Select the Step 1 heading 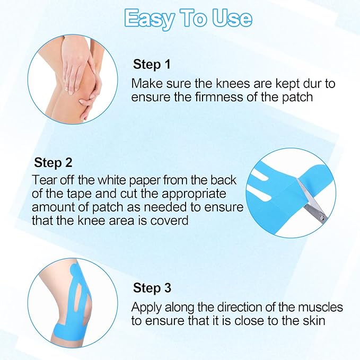point(152,65)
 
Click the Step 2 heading point(53,162)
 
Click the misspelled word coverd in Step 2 point(171,220)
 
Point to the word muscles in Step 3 point(322,308)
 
